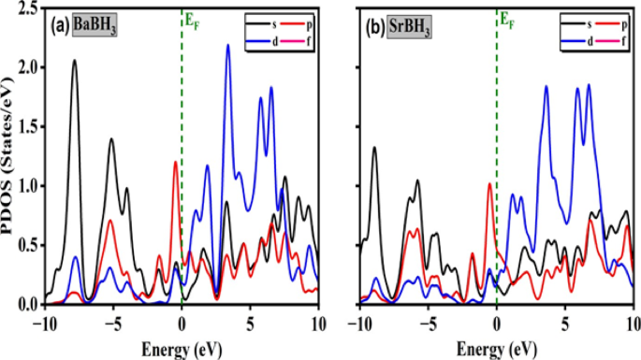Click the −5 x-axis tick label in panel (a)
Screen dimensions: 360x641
(111, 323)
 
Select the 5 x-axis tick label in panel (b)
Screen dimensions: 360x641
(565, 323)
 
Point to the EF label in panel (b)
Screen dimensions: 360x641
(507, 17)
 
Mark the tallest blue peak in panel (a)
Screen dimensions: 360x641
(227, 46)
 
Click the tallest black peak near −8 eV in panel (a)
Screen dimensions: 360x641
(74, 61)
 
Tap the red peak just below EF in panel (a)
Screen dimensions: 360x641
(175, 163)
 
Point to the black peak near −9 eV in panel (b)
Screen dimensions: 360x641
(374, 148)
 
